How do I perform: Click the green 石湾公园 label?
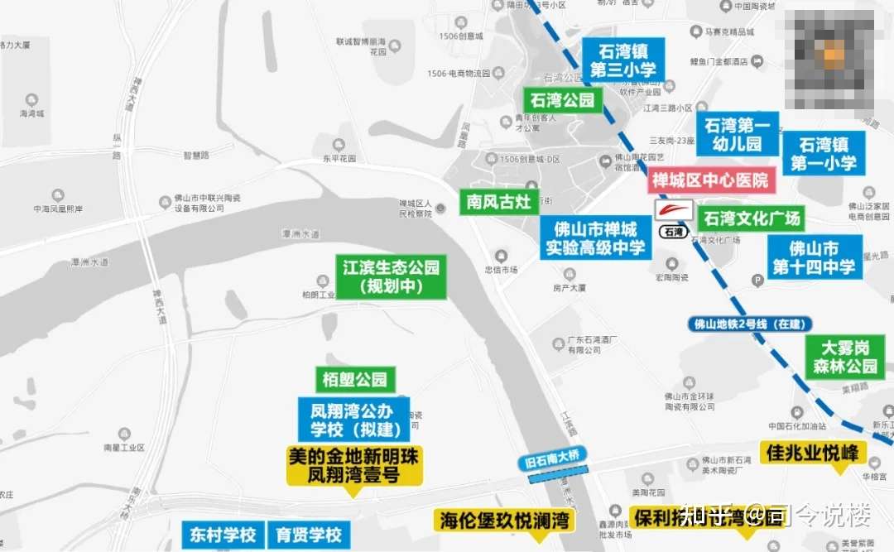563,101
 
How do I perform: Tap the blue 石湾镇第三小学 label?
622,59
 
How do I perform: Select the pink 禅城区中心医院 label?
710,180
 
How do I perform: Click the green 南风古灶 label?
499,201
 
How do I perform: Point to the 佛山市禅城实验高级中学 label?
595,238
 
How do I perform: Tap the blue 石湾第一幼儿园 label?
737,135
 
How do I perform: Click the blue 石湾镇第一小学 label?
823,154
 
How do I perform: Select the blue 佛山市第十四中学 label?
815,257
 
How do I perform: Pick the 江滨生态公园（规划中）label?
391,276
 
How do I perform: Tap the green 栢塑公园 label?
355,380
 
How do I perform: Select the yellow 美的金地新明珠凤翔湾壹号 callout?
354,466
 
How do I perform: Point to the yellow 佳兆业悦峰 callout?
816,453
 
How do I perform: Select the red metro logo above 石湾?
674,210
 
